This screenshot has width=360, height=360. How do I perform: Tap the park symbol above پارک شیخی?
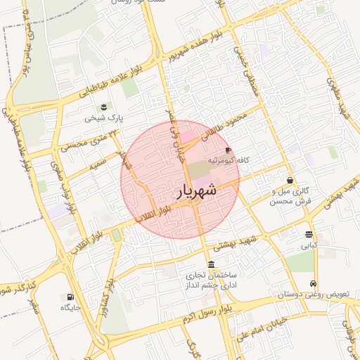(x=104, y=107)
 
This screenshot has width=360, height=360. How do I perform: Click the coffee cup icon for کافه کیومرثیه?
(x=228, y=150)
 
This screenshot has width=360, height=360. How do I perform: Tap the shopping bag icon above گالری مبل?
(x=290, y=180)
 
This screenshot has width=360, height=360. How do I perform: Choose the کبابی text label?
(x=309, y=246)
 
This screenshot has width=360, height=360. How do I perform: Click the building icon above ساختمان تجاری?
(x=212, y=264)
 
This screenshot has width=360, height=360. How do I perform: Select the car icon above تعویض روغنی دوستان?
(x=314, y=283)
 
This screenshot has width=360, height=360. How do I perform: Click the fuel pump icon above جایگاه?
(x=70, y=297)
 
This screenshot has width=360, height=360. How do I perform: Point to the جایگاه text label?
(x=72, y=308)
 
